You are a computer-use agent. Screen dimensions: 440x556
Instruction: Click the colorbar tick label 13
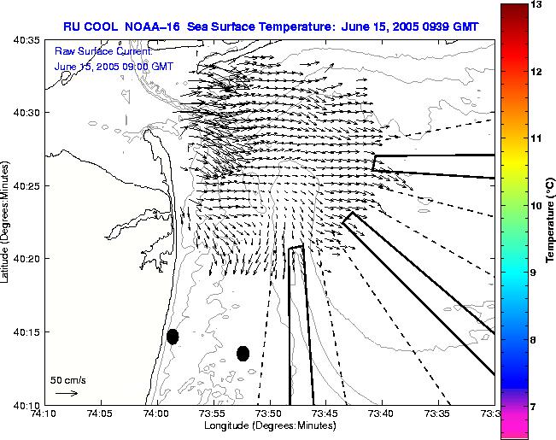click(x=538, y=4)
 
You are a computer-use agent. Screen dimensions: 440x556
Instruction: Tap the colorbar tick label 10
click(x=538, y=205)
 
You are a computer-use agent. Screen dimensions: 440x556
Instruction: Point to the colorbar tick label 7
click(x=536, y=407)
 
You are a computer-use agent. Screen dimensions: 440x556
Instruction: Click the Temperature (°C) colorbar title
click(x=552, y=220)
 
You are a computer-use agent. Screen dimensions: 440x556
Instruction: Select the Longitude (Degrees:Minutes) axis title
click(x=268, y=425)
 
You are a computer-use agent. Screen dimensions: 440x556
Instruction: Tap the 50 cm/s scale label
click(x=68, y=379)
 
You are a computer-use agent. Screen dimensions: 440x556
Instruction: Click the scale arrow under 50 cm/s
click(x=67, y=393)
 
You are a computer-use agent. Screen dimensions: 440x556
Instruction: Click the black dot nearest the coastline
click(x=173, y=337)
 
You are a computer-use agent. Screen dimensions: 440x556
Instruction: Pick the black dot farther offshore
click(x=243, y=353)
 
